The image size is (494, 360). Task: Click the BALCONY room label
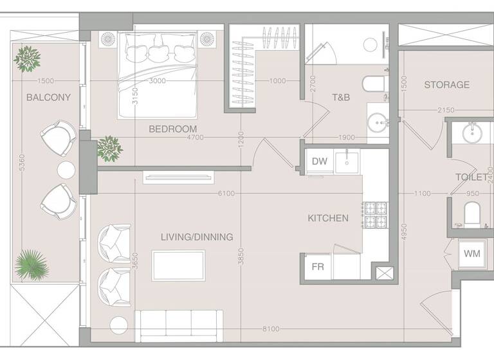point(48,98)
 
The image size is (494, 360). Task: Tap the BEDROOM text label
point(172,129)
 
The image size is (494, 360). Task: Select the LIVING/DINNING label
point(197,237)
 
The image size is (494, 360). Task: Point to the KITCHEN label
point(328,219)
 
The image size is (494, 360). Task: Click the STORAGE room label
point(446,85)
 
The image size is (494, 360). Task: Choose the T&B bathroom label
point(341,98)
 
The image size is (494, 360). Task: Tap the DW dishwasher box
point(319,161)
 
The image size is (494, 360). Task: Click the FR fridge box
point(318,267)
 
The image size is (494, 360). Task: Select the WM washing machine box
point(471,254)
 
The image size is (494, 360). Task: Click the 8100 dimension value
point(271,329)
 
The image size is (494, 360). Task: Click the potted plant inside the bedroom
point(109,148)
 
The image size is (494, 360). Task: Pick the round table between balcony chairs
point(67,170)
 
